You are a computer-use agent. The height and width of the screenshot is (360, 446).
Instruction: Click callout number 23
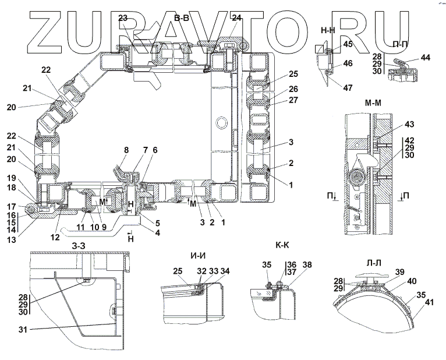(x=123, y=19)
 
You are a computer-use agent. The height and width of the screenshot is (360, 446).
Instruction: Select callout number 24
(x=236, y=19)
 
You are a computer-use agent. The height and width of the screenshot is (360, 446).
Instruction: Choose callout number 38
(x=307, y=264)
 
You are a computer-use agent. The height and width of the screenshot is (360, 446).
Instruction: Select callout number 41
(x=430, y=303)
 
